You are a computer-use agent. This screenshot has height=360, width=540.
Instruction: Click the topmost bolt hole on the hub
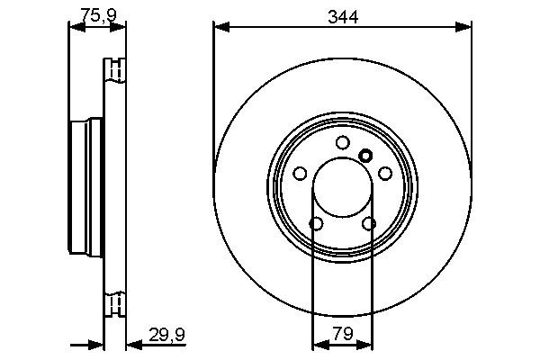click(x=342, y=142)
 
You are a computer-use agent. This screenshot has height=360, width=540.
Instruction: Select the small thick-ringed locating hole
click(x=365, y=155)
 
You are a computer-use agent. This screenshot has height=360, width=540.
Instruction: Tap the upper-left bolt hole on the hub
click(x=300, y=174)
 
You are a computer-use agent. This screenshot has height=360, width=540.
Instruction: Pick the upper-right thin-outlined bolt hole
click(x=385, y=174)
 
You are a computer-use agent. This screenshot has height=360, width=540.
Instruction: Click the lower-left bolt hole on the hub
click(x=316, y=224)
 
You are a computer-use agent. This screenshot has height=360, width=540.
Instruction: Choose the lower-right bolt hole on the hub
click(x=368, y=224)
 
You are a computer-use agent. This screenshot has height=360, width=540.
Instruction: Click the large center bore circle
click(x=342, y=188)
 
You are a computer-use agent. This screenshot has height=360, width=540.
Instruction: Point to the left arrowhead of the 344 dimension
click(x=220, y=28)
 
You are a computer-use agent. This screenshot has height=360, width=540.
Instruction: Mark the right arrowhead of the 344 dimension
click(x=465, y=28)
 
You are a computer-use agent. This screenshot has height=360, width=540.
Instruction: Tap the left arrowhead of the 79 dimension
click(x=317, y=343)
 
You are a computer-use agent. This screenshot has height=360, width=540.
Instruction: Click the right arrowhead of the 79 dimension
click(x=367, y=343)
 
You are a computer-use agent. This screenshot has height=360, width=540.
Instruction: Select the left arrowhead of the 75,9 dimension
click(x=75, y=28)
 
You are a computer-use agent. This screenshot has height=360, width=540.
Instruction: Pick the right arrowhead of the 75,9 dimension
click(x=121, y=28)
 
